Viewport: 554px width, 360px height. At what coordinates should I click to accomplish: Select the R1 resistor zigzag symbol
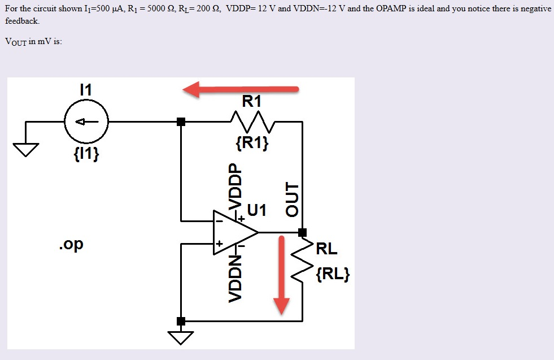pyautogui.click(x=252, y=120)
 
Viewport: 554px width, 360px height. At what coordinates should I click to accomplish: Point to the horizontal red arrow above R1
pyautogui.click(x=240, y=89)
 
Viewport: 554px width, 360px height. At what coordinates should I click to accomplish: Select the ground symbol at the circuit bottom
pyautogui.click(x=180, y=337)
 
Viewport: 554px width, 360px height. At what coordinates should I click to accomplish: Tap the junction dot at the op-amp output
pyautogui.click(x=302, y=232)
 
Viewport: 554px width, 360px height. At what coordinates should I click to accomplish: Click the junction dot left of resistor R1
pyautogui.click(x=181, y=122)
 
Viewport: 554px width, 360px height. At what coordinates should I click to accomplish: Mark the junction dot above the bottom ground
pyautogui.click(x=181, y=321)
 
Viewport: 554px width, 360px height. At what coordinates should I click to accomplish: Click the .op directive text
pyautogui.click(x=70, y=245)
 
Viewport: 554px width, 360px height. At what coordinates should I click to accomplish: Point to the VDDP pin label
pyautogui.click(x=232, y=186)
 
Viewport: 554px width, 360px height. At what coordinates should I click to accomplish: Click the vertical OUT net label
pyautogui.click(x=291, y=199)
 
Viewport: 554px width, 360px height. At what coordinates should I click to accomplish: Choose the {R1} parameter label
pyautogui.click(x=252, y=143)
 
